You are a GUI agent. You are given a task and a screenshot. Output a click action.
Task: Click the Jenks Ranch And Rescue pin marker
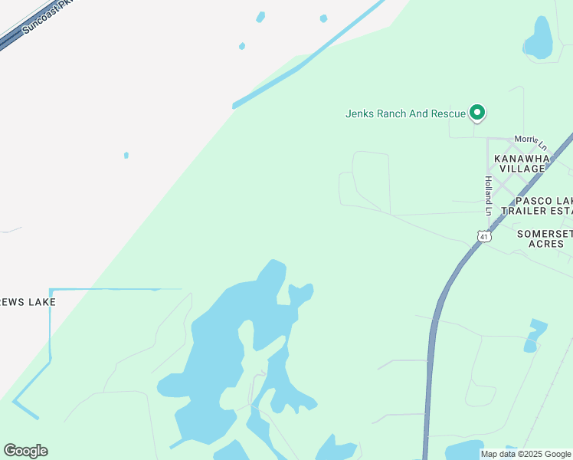[x=477, y=113]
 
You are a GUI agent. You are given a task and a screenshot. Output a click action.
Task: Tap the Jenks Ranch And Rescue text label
[x=405, y=113]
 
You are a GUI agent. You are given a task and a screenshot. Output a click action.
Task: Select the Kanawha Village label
[x=522, y=163]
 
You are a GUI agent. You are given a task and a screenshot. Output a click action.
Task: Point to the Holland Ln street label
[x=487, y=195]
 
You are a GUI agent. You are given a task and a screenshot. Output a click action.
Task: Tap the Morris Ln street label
[x=531, y=142]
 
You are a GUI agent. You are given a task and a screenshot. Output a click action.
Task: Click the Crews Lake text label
[x=28, y=302]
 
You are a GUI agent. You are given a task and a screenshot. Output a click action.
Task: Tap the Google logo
[x=25, y=451]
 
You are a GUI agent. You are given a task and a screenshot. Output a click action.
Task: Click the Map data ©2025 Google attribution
[x=526, y=454]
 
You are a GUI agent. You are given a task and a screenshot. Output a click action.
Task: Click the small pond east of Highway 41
[x=535, y=335]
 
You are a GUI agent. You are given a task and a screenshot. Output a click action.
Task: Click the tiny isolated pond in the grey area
[x=126, y=156]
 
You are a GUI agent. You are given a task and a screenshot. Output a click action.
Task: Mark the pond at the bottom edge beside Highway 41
[x=464, y=450]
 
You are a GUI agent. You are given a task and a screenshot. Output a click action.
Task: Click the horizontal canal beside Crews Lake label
[x=115, y=290]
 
